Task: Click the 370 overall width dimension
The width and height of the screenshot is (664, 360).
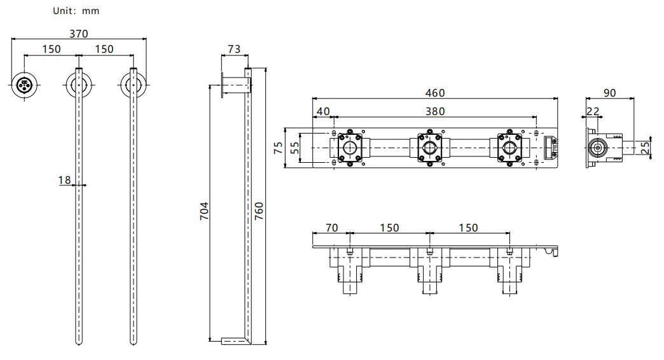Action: [x=79, y=34]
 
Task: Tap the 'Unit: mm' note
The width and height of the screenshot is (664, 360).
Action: [x=76, y=11]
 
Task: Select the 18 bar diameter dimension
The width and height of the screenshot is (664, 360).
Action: [x=64, y=180]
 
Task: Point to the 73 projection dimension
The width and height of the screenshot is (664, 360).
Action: [x=234, y=49]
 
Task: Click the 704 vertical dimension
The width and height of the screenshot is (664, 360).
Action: [x=204, y=211]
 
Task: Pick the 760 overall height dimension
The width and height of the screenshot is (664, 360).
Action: [x=259, y=211]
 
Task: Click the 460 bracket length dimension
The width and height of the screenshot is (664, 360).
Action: [x=435, y=93]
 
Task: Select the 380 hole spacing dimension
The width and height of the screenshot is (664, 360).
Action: [x=435, y=111]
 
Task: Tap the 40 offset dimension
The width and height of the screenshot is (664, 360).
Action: [x=323, y=111]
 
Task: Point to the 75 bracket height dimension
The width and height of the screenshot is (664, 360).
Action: [x=278, y=148]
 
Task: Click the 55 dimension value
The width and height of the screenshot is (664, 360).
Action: [x=294, y=148]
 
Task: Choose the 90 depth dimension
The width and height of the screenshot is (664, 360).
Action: [x=609, y=93]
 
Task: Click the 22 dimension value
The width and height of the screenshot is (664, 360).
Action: [x=593, y=111]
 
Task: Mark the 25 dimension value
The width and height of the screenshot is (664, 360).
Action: [x=645, y=148]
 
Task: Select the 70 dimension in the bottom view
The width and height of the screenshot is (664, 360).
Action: [x=331, y=228]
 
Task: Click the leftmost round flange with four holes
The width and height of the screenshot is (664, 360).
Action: [x=24, y=85]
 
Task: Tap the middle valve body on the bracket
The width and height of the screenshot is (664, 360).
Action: [x=430, y=148]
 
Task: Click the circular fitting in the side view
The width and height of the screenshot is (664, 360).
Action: [x=597, y=148]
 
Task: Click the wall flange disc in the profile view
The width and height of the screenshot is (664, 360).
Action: [x=223, y=85]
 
